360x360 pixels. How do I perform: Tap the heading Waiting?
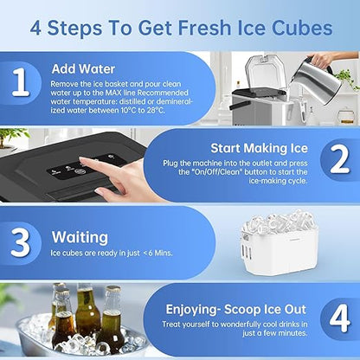79,236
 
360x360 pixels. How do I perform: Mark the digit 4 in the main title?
37,27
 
